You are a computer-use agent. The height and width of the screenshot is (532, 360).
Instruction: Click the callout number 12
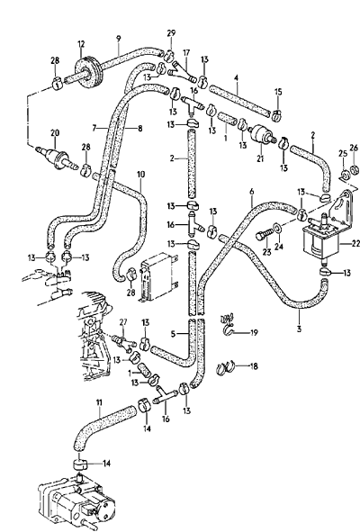click(81, 44)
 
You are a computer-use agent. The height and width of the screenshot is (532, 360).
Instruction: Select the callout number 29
click(171, 33)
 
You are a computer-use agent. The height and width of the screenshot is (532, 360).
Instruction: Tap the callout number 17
click(186, 53)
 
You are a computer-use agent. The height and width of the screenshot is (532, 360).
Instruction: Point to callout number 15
click(278, 92)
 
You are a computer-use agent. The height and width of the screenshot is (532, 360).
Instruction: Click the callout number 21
click(260, 158)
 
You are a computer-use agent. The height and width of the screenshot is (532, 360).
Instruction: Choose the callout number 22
click(355, 243)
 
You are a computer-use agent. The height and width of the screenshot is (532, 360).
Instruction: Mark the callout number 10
click(140, 175)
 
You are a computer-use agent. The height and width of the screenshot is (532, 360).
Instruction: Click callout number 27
click(123, 322)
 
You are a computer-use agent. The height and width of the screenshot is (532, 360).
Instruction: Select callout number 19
click(254, 332)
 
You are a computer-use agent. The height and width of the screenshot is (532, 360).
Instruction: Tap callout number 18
click(254, 366)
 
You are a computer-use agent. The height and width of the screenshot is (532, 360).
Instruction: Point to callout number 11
click(99, 402)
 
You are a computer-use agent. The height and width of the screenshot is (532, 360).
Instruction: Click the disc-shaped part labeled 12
click(87, 72)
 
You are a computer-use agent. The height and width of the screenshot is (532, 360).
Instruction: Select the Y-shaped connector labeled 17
click(184, 72)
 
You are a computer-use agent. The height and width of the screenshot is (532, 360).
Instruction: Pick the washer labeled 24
click(277, 228)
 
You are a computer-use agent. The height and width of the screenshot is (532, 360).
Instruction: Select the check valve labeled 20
click(56, 158)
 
